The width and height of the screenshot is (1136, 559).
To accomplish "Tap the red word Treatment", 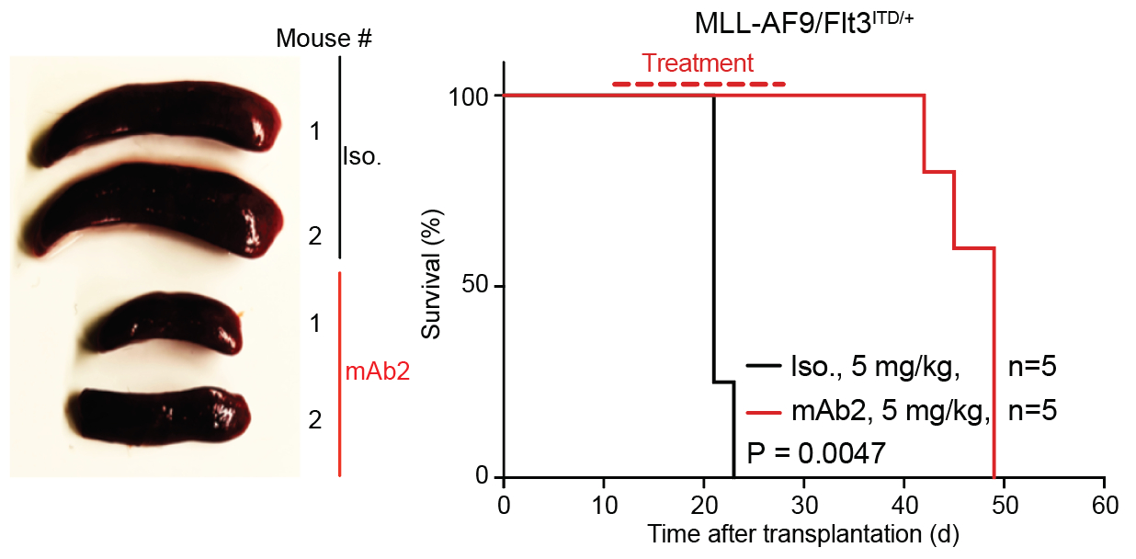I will (698, 63).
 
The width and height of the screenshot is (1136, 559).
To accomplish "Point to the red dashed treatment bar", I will (699, 84).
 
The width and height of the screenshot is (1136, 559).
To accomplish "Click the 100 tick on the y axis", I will (474, 96).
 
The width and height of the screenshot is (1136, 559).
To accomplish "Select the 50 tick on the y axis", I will (480, 286).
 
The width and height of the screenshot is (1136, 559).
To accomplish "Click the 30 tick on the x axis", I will (804, 507).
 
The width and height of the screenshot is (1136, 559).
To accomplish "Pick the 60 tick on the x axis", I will (1104, 507).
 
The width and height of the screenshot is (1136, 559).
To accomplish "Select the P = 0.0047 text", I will (816, 452).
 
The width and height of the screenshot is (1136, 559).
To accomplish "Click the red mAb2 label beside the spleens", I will (377, 372).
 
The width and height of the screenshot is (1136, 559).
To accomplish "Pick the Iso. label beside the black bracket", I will (362, 156).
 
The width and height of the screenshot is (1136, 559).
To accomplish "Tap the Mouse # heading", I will (324, 39).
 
